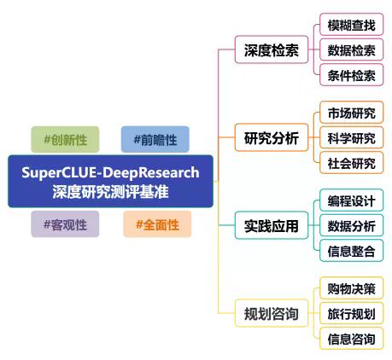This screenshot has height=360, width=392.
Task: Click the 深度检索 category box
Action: [272, 49]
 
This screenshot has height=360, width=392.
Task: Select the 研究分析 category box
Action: [272, 137]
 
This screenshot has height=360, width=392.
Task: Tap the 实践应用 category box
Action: [272, 225]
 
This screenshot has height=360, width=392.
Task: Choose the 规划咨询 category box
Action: [272, 313]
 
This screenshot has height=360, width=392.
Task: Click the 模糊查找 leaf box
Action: [351, 25]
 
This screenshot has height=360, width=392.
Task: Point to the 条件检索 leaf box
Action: [351, 75]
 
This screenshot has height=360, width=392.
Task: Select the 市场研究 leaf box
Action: [351, 113]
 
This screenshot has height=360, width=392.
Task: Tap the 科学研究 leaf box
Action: [351, 137]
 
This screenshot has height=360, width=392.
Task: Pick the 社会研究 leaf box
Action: [351, 163]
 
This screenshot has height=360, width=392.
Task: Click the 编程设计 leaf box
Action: [351, 200]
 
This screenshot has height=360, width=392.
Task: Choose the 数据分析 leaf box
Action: [351, 225]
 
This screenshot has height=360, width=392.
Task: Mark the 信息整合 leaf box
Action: [351, 251]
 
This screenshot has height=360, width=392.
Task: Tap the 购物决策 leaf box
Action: [351, 288]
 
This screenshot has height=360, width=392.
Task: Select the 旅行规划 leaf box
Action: [351, 313]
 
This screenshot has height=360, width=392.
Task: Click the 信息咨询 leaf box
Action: [351, 339]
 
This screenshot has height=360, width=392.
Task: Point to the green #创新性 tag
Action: [65, 139]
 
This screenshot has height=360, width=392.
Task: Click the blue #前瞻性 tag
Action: [155, 139]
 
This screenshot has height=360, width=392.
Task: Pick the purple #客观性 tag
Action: [65, 224]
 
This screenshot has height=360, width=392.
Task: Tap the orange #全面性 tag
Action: [157, 224]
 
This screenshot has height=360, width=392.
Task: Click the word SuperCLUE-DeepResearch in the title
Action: [110, 172]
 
